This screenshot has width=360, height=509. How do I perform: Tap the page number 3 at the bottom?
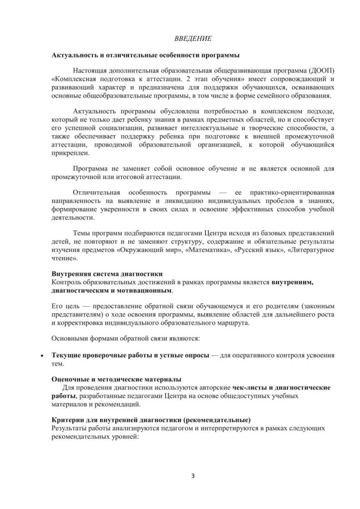point(192,476)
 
